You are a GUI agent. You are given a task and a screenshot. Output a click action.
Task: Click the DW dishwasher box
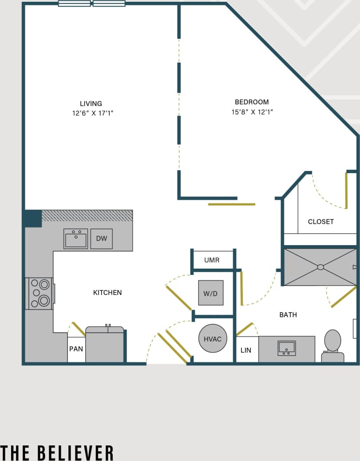click(102, 238)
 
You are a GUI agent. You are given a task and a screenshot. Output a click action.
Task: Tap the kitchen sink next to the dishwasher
click(75, 238)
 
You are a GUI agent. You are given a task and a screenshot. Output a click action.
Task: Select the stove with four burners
click(40, 293)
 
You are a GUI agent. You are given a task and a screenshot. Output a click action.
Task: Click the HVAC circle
click(212, 339)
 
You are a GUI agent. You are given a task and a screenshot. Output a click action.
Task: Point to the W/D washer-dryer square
click(210, 293)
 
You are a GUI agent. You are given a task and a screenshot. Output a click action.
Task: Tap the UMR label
click(212, 260)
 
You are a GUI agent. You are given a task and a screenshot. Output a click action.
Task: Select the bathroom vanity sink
click(287, 348)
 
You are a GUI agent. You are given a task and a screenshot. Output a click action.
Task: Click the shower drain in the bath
click(320, 267)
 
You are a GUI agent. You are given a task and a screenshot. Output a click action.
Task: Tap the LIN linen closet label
click(246, 350)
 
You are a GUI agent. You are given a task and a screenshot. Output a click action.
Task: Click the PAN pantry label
click(76, 349)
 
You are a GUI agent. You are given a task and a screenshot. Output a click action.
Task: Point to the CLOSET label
click(320, 222)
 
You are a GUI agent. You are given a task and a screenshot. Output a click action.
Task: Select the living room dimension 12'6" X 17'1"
click(93, 113)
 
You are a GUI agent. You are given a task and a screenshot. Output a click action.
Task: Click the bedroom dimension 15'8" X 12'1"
click(252, 112)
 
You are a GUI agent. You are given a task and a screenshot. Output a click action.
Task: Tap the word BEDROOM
click(252, 102)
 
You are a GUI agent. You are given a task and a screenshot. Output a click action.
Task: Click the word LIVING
click(91, 103)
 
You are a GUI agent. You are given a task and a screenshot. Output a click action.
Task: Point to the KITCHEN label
click(107, 292)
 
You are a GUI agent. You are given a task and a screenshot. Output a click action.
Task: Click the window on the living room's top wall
click(91, 4)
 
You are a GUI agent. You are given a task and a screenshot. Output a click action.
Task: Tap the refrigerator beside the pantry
click(105, 345)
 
